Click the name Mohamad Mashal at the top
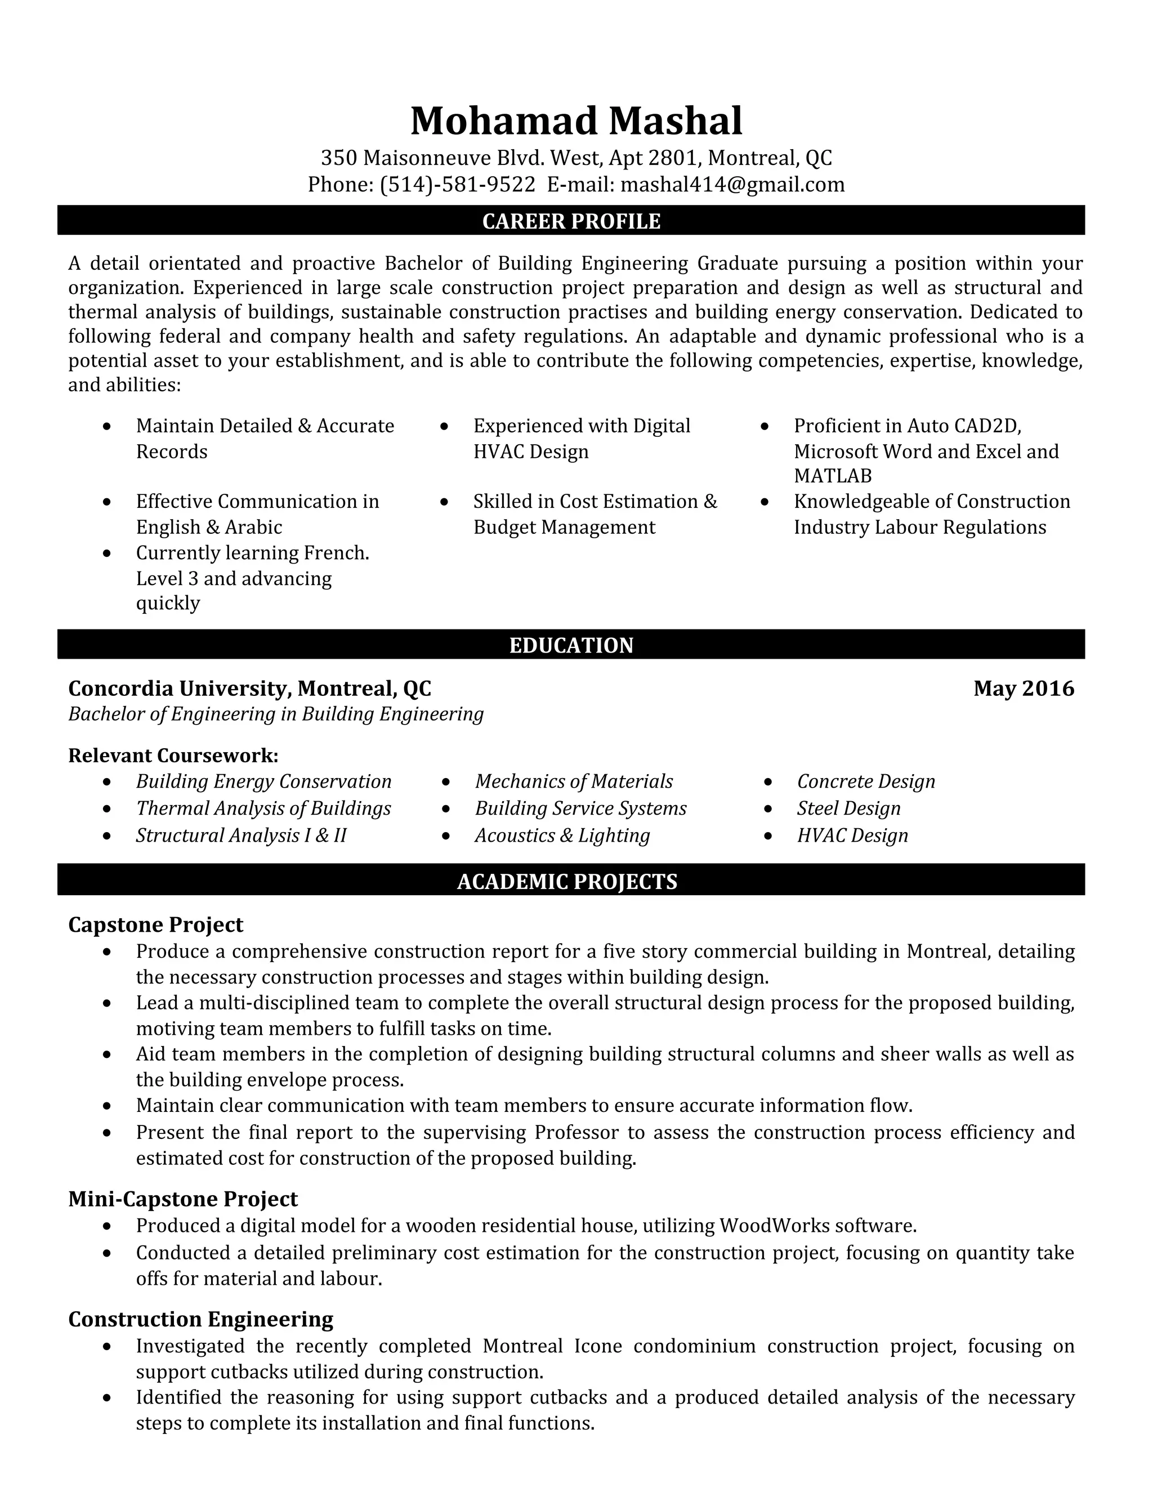coord(576,121)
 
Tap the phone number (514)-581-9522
coord(457,185)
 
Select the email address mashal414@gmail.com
coord(732,185)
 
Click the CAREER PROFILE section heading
coord(571,221)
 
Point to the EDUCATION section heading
coord(571,645)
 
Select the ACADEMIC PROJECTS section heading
coord(567,881)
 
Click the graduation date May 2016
coord(1023,688)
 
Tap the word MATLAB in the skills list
coord(833,476)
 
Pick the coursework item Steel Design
coord(848,808)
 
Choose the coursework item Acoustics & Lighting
coord(562,836)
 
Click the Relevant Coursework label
coord(173,755)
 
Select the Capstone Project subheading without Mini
coord(156,924)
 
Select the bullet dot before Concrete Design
coord(768,781)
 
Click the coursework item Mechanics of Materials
coord(574,781)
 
